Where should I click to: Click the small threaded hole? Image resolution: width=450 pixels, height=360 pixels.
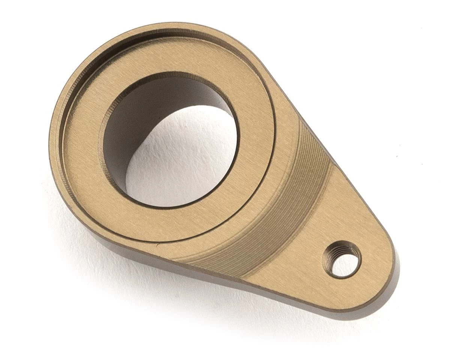click(x=343, y=260)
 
